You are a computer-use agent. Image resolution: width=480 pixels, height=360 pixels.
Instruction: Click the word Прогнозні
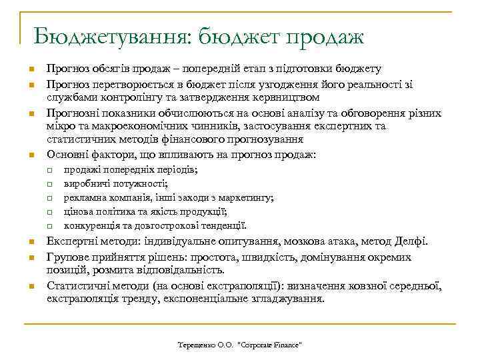(x=71, y=112)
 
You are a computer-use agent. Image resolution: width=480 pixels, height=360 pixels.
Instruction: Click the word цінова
(x=77, y=211)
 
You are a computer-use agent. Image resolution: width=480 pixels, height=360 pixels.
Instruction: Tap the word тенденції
(x=223, y=225)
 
